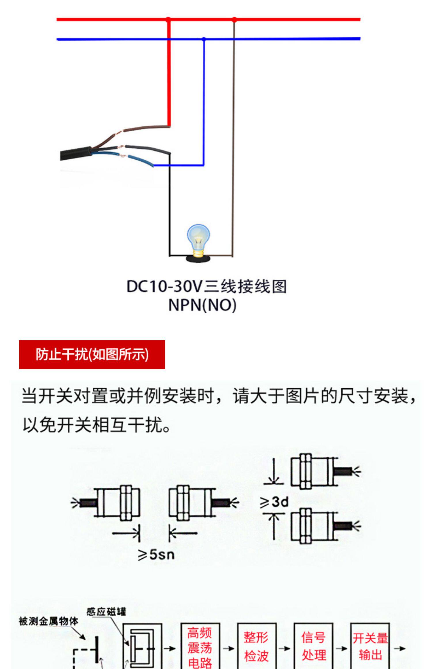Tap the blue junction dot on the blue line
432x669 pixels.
coord(204,39)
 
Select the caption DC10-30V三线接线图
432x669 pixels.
coord(206,287)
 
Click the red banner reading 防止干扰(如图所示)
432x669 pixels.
coord(92,354)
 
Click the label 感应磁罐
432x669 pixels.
coord(106,612)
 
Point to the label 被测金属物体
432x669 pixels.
coord(48,621)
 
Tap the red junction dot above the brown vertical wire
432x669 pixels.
coord(234,20)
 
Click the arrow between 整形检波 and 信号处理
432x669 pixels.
coord(285,649)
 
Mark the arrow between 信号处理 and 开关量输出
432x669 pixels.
coord(342,649)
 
